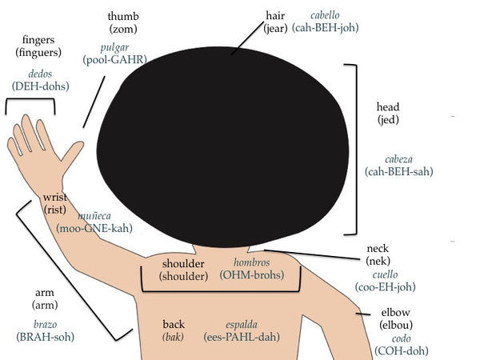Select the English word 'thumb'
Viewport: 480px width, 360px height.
click(x=122, y=16)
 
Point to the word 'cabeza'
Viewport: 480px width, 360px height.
click(x=398, y=159)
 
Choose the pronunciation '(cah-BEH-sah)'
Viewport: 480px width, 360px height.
click(x=398, y=171)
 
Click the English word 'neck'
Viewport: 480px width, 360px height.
click(x=378, y=249)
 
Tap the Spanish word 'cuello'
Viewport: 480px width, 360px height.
click(x=385, y=274)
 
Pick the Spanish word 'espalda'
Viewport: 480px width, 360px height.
click(x=241, y=325)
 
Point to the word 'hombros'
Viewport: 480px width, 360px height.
click(x=251, y=262)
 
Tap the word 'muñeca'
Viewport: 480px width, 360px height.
click(x=94, y=216)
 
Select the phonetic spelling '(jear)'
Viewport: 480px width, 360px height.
click(x=274, y=29)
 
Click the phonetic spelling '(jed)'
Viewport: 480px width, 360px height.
click(x=387, y=120)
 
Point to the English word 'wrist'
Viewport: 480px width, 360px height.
click(x=54, y=197)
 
